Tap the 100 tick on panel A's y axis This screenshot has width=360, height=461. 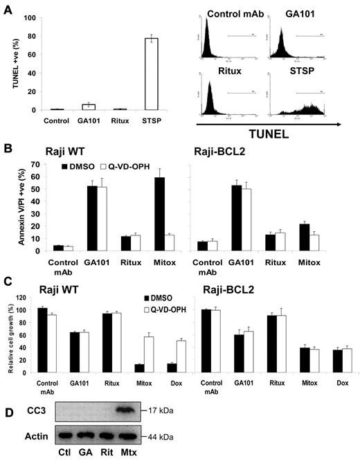(x=28, y=7)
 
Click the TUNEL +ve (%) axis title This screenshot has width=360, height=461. (x=8, y=59)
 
